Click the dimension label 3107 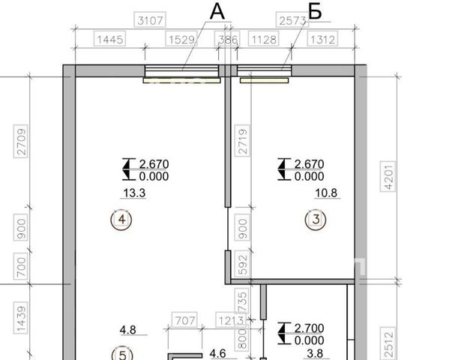150,20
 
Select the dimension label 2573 292,20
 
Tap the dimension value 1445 109,39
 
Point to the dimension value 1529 181,39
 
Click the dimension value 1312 322,39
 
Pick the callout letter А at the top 217,12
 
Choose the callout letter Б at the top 315,12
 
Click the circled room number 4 121,220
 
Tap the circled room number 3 316,220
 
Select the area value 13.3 134,193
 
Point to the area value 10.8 326,193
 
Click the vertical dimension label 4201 388,177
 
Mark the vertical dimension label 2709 21,142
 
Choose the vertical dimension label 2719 242,141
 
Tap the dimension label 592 242,265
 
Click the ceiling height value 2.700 310,328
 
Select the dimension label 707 184,320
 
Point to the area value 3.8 315,353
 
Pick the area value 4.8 128,329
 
